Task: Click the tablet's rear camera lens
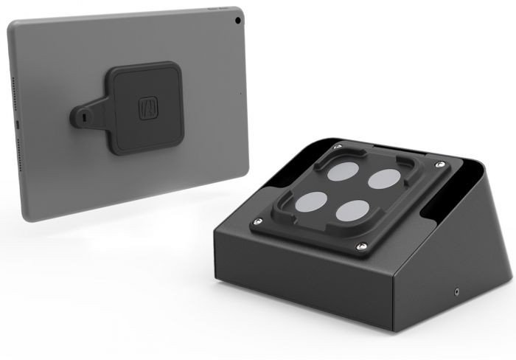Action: point(237,15)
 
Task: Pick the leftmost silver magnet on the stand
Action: point(313,201)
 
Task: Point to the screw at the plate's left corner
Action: point(256,221)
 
